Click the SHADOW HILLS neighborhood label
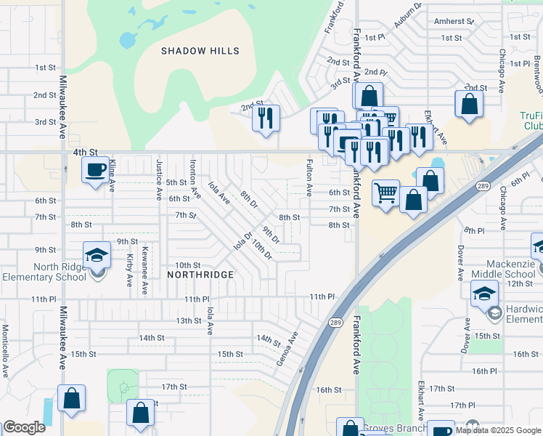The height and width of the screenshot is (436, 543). tap(200, 51)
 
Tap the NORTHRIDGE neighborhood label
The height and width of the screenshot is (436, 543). tap(200, 275)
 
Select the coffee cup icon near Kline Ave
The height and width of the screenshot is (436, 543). tap(94, 171)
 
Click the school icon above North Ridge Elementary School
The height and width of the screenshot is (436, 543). tap(97, 255)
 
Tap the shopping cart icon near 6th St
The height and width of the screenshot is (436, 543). tap(385, 193)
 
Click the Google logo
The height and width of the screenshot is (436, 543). tap(24, 427)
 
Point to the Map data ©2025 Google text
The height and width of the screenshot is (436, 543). tap(497, 431)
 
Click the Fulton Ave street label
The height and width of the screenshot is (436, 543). tap(309, 178)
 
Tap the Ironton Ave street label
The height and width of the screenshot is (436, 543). tap(194, 179)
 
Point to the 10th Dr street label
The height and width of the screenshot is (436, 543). tap(262, 250)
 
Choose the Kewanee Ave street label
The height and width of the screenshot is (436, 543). tap(145, 270)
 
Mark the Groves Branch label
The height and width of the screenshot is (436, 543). tap(397, 428)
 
